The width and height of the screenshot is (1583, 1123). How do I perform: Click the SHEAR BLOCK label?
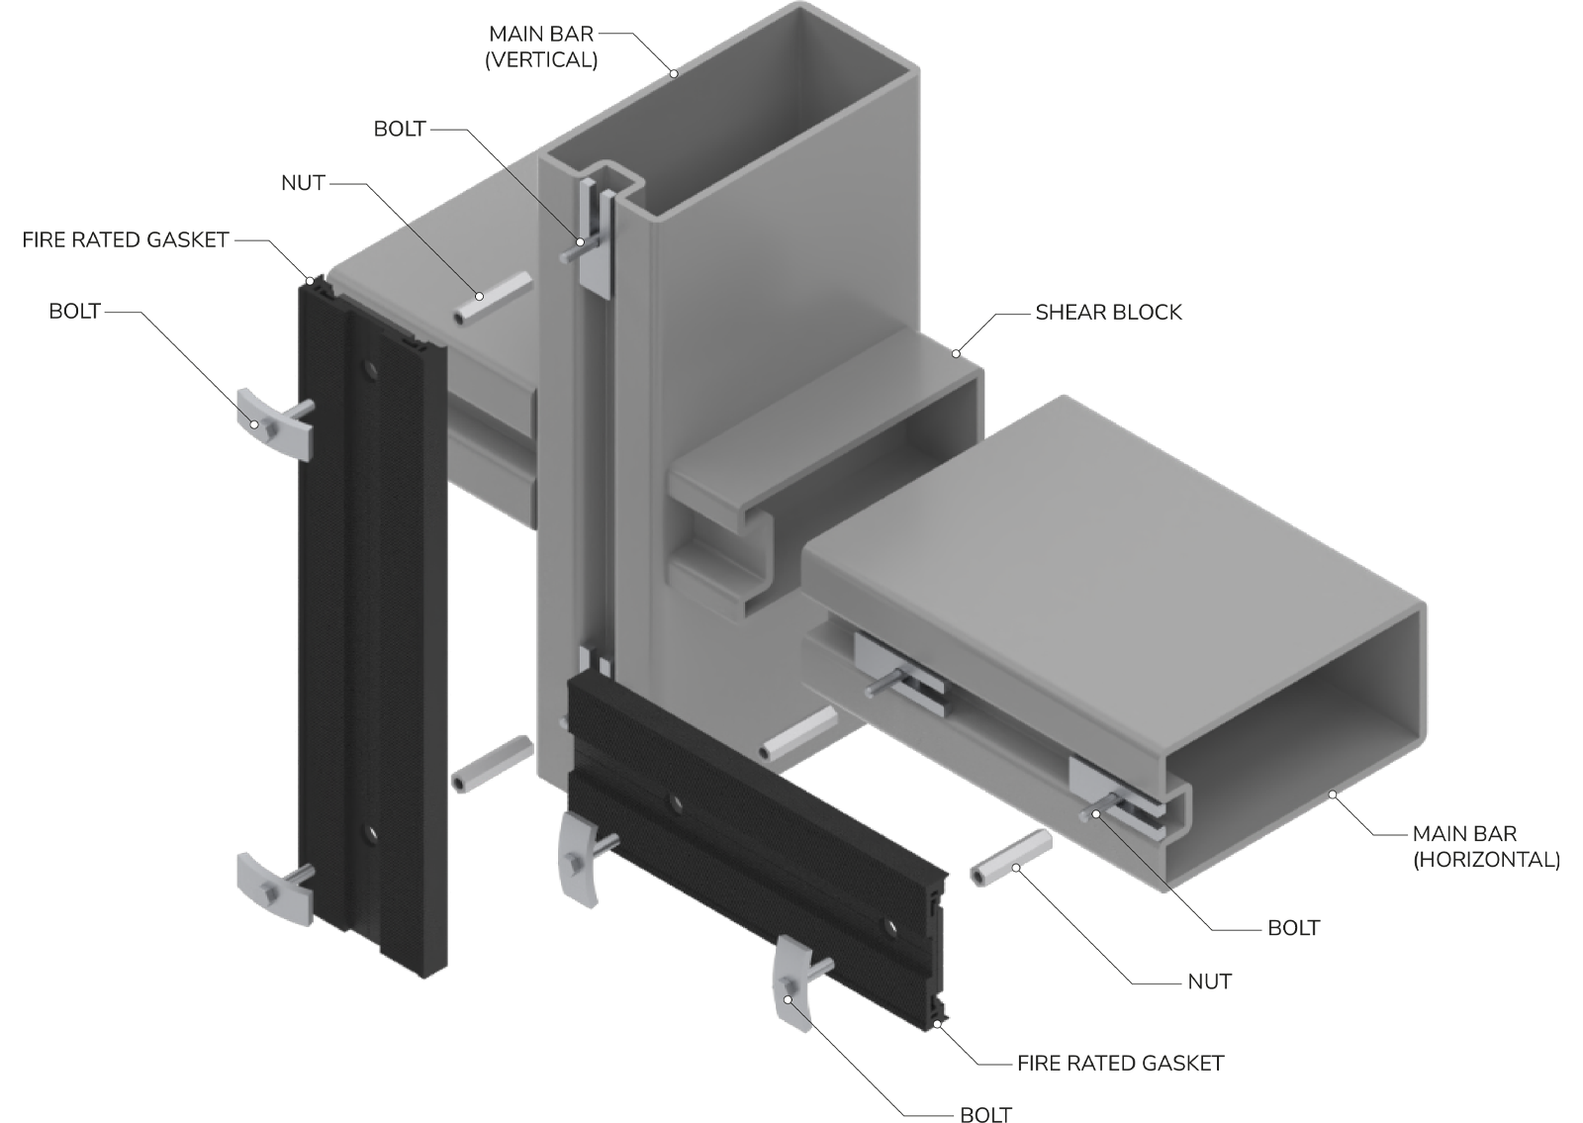click(x=1108, y=313)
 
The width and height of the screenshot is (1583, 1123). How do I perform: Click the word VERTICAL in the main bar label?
click(x=541, y=60)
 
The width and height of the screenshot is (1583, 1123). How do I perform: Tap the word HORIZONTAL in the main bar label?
click(x=1486, y=860)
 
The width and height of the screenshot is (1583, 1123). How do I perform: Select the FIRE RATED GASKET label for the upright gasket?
click(x=125, y=240)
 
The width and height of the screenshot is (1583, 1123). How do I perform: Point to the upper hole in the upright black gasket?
click(x=369, y=369)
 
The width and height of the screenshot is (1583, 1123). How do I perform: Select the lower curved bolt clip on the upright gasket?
click(x=275, y=889)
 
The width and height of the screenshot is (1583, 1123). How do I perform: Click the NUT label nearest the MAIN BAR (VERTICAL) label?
click(x=303, y=183)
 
